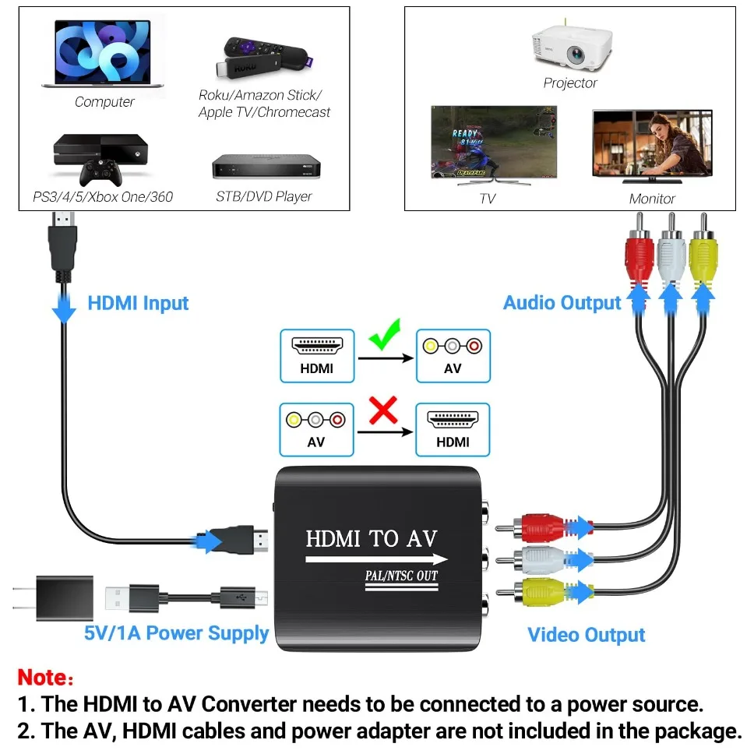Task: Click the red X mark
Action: point(382,410)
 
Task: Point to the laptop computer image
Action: point(104,55)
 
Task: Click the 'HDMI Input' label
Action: point(138,303)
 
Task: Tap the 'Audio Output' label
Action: point(562,303)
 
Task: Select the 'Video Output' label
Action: point(586,635)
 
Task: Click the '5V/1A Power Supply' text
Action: point(176,632)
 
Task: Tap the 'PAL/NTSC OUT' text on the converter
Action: point(402,576)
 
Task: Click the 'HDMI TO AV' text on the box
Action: point(372,537)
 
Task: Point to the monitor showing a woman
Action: point(652,145)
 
